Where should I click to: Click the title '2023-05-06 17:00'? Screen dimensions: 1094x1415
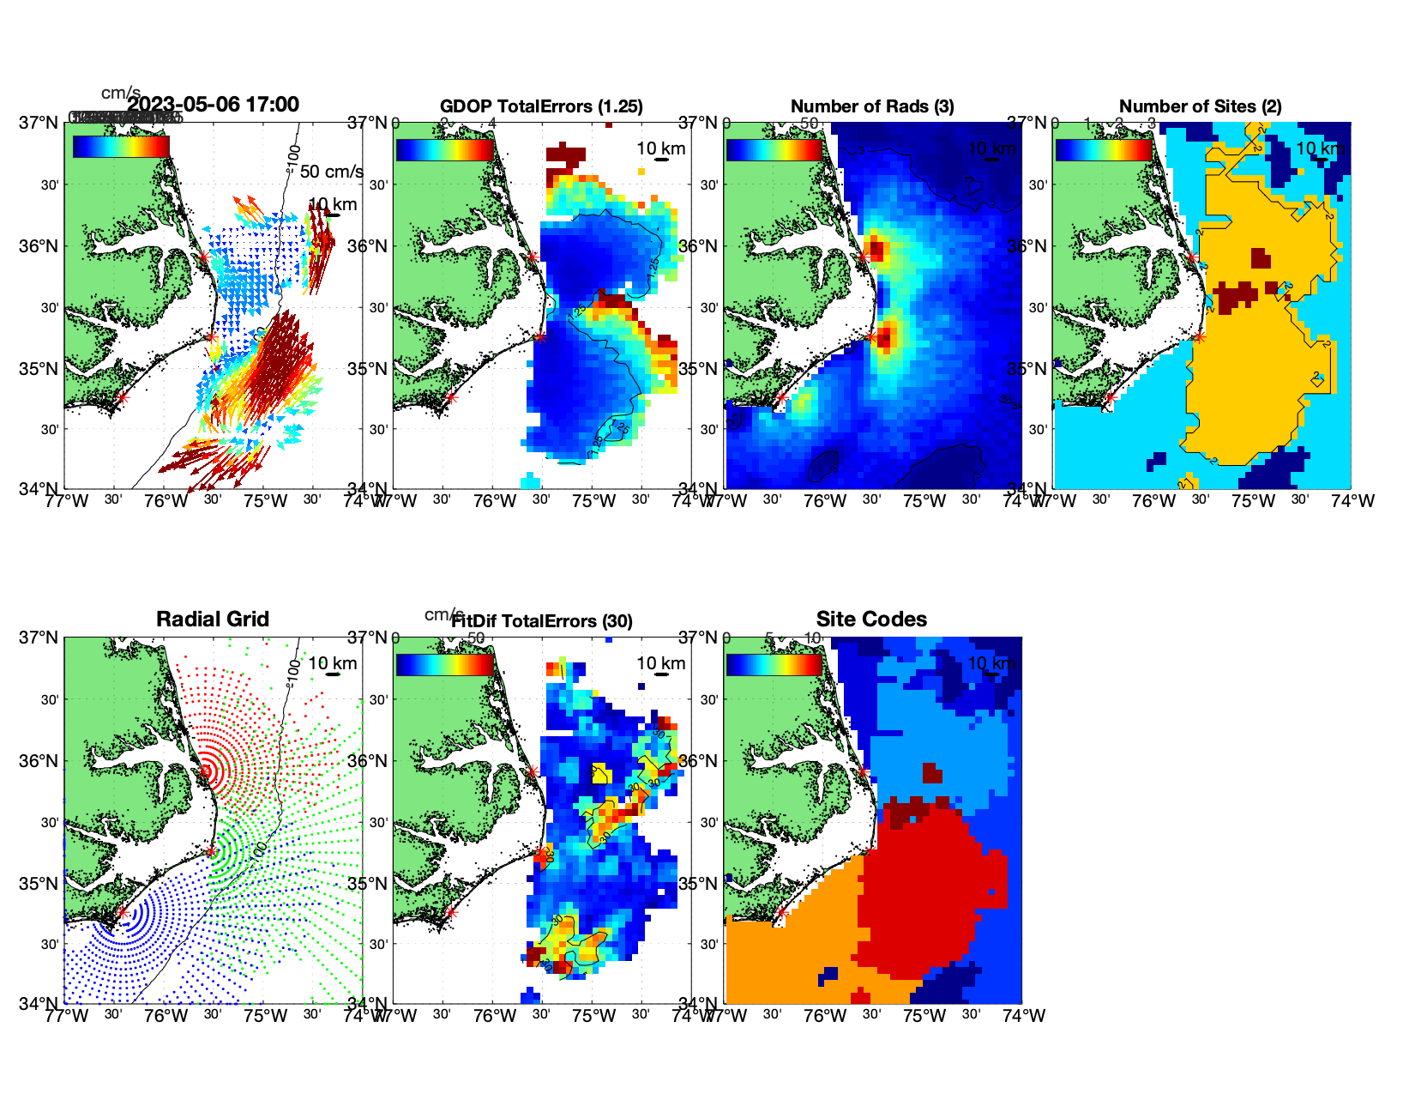213,105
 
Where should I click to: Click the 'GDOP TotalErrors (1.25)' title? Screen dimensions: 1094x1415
541,106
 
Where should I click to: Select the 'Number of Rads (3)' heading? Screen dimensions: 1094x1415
872,106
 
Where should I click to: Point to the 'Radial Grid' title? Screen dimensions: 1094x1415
213,620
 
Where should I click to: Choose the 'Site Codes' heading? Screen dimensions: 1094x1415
871,620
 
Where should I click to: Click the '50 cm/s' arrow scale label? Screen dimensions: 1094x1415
331,172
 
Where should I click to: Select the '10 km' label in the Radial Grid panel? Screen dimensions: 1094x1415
332,663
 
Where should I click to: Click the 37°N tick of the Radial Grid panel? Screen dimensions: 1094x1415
39,638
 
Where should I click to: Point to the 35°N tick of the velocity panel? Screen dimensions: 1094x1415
39,369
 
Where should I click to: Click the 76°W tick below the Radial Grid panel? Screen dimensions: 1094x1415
166,1016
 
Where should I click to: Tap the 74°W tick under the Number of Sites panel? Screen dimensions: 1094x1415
1352,501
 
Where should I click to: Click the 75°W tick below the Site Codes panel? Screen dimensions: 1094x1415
924,1016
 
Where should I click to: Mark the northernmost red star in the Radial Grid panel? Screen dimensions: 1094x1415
206,771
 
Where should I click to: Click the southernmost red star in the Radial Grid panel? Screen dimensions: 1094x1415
122,913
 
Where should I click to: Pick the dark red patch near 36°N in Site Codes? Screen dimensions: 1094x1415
932,772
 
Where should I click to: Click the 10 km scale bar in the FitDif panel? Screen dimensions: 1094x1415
661,674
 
